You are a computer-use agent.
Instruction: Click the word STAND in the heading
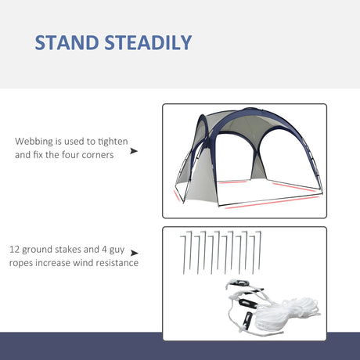click(x=74, y=41)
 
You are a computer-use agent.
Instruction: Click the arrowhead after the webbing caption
click(x=134, y=149)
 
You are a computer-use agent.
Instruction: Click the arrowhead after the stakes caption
click(x=134, y=254)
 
